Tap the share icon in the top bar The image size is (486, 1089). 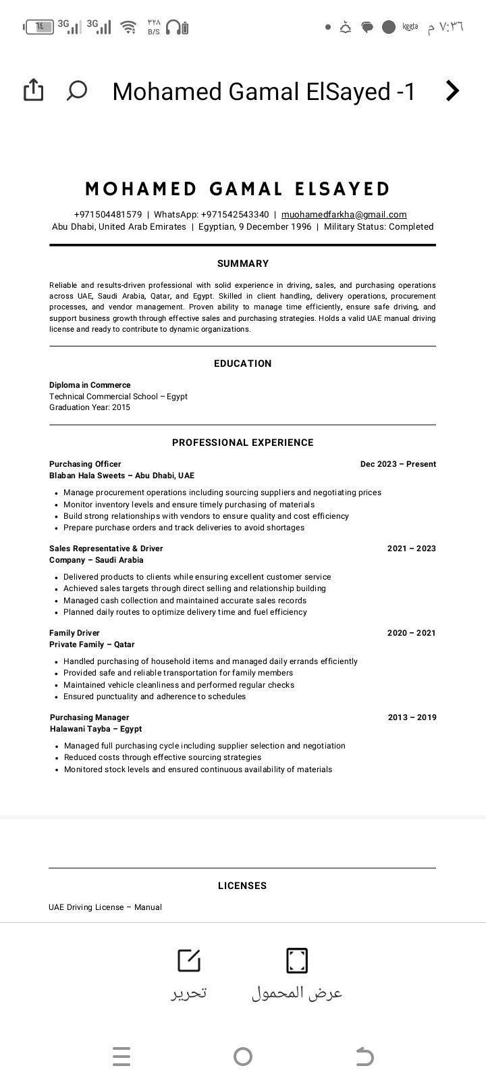coord(33,90)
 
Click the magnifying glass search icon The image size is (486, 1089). coord(77,90)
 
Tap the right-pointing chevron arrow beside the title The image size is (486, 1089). coord(452,91)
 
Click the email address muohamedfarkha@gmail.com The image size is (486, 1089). coord(344,215)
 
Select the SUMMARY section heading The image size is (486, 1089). coord(243,263)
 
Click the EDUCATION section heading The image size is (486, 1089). coord(243,363)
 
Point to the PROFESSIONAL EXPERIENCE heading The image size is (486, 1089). coord(243,442)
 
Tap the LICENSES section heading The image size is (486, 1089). coord(242,886)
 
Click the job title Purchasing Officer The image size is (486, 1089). coord(85,464)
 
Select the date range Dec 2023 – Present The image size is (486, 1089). coord(398,464)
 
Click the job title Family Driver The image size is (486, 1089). coord(74,633)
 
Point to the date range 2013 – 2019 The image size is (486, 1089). coord(412,717)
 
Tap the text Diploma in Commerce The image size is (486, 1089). coord(90,385)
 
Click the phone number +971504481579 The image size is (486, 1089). coord(108,215)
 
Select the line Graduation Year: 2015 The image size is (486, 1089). coord(90,407)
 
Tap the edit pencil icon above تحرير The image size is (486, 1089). coord(188,960)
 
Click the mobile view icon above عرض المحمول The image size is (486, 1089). coord(297,960)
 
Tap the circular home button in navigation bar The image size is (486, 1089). coord(242,1057)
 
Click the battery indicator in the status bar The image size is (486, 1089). coord(38,27)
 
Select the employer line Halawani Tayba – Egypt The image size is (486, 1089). coord(96,729)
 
